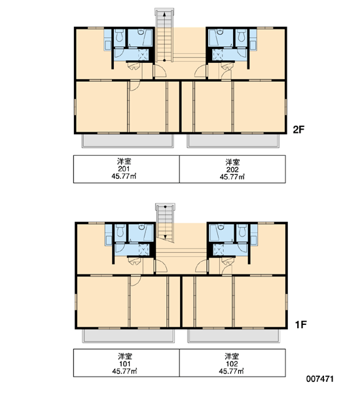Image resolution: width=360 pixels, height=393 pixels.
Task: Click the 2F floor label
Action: click(x=298, y=130)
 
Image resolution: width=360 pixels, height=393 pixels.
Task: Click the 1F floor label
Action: click(x=300, y=325)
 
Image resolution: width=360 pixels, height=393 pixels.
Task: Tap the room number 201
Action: click(x=124, y=169)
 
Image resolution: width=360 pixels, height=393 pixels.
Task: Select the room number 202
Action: click(x=232, y=170)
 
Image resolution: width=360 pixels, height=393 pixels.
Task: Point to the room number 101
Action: click(x=125, y=364)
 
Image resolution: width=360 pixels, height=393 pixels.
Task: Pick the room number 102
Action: click(x=232, y=364)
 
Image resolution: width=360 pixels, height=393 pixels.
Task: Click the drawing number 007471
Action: click(x=320, y=379)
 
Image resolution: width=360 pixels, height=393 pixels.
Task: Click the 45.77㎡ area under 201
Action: click(x=124, y=176)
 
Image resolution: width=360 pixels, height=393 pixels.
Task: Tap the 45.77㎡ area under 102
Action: click(x=231, y=371)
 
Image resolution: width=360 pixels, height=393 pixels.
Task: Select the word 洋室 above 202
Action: click(x=232, y=162)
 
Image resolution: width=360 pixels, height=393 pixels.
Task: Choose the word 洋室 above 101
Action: click(x=125, y=356)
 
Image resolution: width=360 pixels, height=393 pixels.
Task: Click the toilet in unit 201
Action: click(x=120, y=35)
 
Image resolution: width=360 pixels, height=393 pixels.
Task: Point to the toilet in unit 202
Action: click(x=241, y=35)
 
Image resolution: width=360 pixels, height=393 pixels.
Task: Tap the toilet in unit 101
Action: click(x=120, y=231)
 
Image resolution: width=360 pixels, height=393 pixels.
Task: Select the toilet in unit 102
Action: click(x=242, y=231)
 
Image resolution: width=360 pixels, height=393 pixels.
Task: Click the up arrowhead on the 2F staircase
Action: click(x=164, y=14)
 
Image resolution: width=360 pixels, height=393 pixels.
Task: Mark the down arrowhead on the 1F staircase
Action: click(x=166, y=236)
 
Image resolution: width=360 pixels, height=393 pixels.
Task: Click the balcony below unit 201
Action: click(x=128, y=140)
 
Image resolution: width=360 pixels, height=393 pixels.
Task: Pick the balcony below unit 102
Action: click(x=234, y=335)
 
